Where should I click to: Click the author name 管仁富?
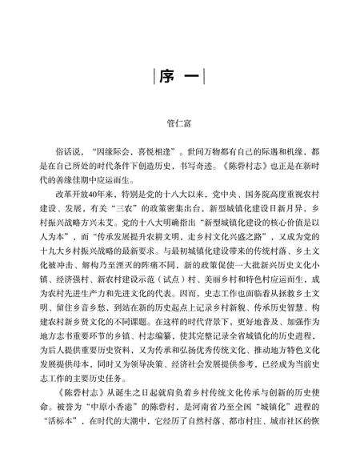click(x=179, y=125)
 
